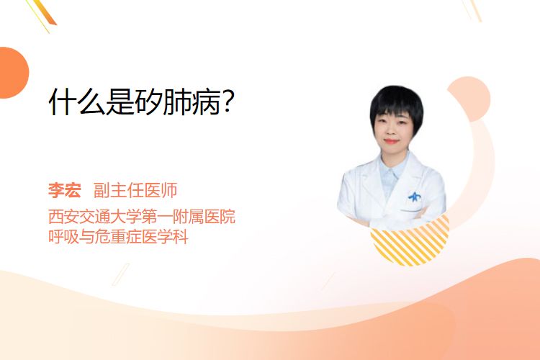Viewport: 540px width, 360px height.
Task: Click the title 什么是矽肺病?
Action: coord(142,102)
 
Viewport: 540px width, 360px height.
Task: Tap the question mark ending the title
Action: coord(228,102)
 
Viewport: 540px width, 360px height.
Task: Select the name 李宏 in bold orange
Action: coord(65,190)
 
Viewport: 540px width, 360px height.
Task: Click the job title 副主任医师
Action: coord(135,190)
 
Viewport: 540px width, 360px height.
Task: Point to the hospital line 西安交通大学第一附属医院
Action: coord(142,216)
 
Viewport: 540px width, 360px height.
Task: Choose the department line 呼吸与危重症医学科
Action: coord(118,237)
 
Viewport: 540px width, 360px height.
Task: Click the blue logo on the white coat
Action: coord(414,197)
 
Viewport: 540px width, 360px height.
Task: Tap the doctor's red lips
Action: coord(391,141)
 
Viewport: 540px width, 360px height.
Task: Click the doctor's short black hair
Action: coord(397,102)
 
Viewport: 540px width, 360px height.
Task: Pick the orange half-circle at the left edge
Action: coord(13,73)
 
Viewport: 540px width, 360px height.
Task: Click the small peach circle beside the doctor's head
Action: coord(472,97)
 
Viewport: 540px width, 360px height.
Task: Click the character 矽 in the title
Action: coord(148,102)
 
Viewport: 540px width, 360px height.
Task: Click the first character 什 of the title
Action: coord(63,102)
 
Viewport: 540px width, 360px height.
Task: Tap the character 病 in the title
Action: coord(207,102)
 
